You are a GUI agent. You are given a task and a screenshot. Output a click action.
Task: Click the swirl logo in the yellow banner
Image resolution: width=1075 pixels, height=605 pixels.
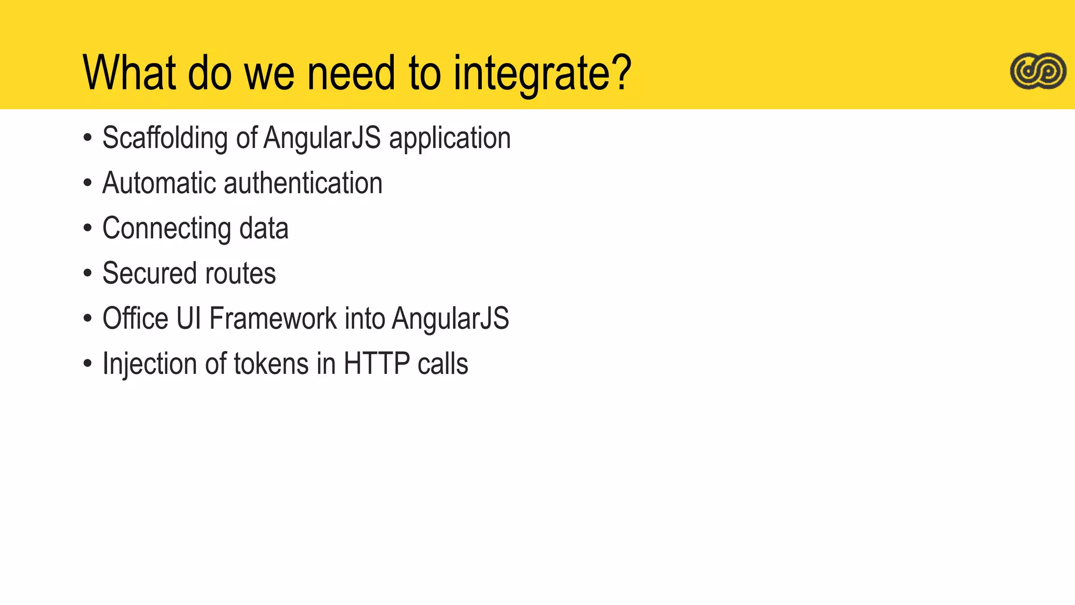[x=1038, y=71]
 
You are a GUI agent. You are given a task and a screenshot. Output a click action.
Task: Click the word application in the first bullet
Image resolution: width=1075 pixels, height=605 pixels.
[x=449, y=138]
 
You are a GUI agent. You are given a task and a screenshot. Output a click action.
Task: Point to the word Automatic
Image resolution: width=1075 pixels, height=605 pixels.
[x=159, y=183]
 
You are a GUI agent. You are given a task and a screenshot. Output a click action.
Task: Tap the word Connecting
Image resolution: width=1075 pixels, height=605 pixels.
[x=166, y=228]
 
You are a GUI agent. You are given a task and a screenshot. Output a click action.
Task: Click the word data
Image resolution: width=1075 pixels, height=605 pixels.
[x=264, y=228]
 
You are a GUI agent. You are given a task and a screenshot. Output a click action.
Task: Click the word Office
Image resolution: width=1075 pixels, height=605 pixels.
[x=135, y=318]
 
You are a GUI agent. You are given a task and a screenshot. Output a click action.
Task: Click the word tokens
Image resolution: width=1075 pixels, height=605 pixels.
[x=271, y=363]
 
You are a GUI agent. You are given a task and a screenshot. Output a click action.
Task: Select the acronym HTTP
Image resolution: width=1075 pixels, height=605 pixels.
[x=376, y=363]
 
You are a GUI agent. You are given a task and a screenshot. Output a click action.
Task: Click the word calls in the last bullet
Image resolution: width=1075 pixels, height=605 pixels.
[x=442, y=363]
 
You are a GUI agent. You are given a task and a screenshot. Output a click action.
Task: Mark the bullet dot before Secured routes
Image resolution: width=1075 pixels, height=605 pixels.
[x=88, y=273]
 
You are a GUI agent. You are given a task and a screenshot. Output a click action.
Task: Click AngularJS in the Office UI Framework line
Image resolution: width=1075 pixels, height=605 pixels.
[x=450, y=318]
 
